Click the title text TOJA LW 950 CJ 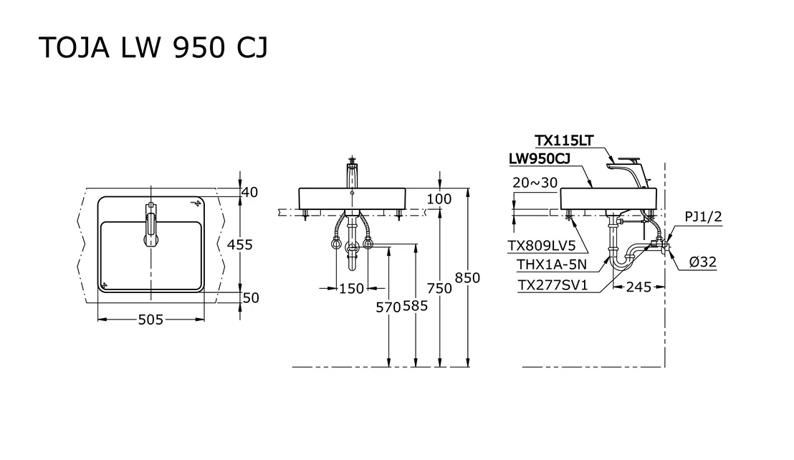coord(153,48)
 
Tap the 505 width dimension coord(151,320)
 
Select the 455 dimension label coord(239,244)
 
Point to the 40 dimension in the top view coord(249,192)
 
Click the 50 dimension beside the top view coord(251,297)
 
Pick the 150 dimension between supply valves coord(351,289)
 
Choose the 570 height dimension coord(388,307)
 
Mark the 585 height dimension coord(415,306)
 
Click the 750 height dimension coord(439,288)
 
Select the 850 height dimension coord(467,278)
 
